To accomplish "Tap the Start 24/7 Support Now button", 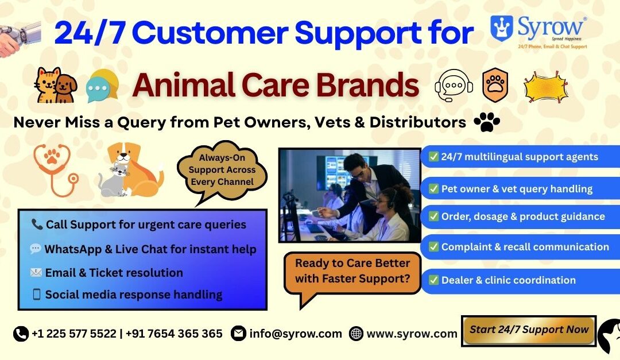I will tap(528, 330).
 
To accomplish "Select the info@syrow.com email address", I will tap(295, 334).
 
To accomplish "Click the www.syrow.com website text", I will tap(412, 334).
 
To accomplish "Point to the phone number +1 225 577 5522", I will tap(73, 334).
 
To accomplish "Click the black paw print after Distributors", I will tap(487, 122).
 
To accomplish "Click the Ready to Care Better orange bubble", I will tap(352, 271).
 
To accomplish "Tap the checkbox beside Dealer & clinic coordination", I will tap(434, 280).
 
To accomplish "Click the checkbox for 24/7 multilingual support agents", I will tap(434, 157).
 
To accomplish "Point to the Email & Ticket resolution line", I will tap(114, 273).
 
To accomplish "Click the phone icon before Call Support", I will tap(37, 224).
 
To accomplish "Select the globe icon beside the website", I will tap(356, 334).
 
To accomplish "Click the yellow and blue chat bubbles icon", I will tap(103, 87).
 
